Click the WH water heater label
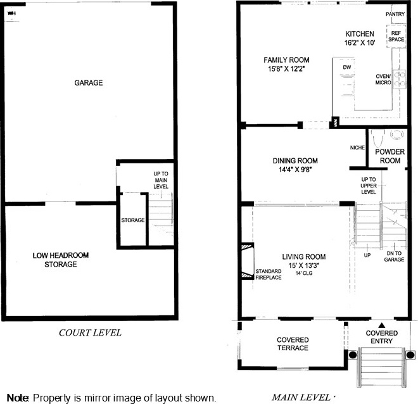tap(11, 13)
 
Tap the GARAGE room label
tap(89, 82)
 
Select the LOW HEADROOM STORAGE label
tap(61, 260)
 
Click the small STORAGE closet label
tap(133, 220)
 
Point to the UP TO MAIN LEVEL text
tap(161, 180)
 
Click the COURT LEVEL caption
tap(90, 333)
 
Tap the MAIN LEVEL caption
tap(301, 398)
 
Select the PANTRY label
tap(395, 14)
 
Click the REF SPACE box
tap(396, 37)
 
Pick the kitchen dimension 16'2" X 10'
tap(360, 42)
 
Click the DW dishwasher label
tap(347, 67)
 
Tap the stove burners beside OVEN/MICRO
tap(400, 79)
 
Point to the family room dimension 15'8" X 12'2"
tap(286, 69)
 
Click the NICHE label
tap(357, 148)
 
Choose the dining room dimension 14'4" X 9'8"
tap(295, 170)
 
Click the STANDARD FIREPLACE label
tap(269, 274)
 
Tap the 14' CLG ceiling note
tap(304, 273)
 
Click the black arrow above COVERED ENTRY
tap(382, 325)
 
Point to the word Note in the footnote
tap(18, 398)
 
